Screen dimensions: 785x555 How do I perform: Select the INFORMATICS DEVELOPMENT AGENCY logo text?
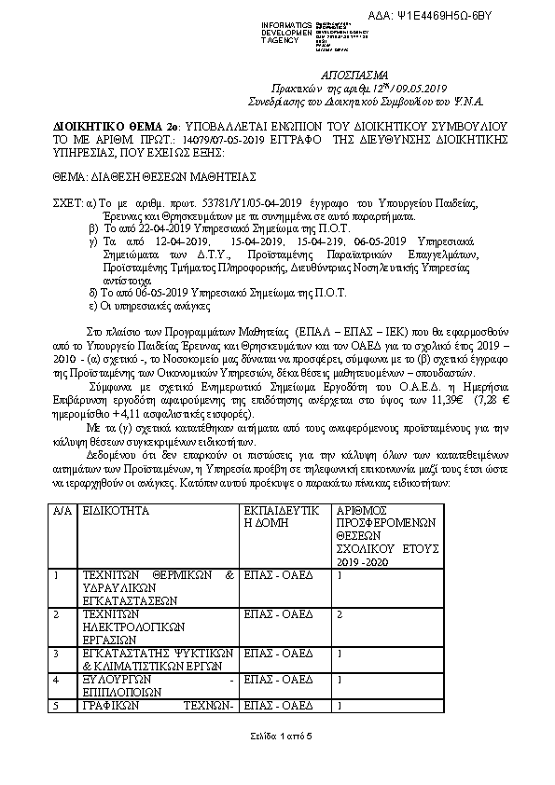[x=264, y=30]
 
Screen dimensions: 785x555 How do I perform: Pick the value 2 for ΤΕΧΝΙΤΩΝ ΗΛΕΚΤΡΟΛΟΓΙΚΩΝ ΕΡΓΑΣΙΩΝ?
[x=340, y=614]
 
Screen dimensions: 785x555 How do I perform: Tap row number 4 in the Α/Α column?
[x=58, y=679]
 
